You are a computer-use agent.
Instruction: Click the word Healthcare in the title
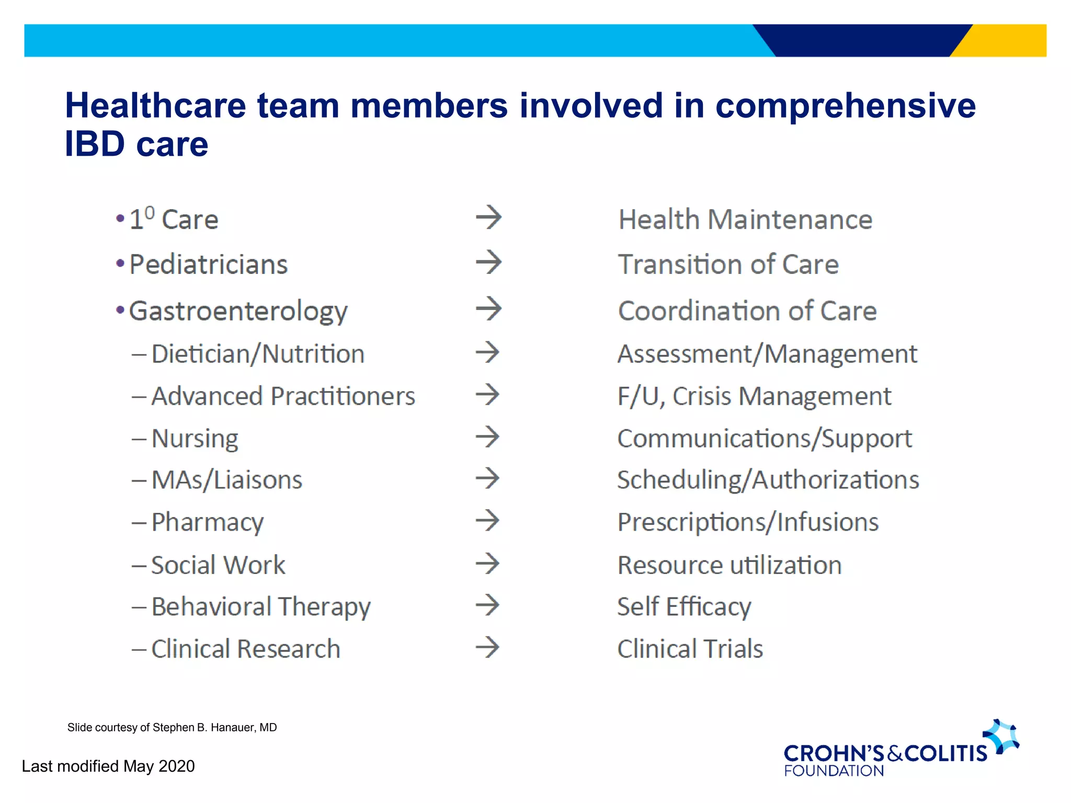(155, 106)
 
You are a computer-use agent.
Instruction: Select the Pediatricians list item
(208, 264)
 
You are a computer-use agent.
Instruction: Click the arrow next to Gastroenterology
(488, 308)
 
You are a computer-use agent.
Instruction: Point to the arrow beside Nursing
(487, 437)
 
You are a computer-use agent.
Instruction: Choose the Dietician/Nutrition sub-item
(258, 354)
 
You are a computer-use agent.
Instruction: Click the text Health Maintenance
(745, 219)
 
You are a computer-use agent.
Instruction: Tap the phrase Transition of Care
(728, 264)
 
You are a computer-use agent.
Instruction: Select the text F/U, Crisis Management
(754, 396)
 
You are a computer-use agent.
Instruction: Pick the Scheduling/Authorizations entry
(768, 480)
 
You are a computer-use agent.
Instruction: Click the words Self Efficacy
(684, 607)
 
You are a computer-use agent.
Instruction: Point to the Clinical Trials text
(690, 649)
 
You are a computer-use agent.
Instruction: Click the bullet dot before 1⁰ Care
(120, 218)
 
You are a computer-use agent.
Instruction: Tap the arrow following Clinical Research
(487, 647)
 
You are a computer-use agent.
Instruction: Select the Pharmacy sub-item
(208, 522)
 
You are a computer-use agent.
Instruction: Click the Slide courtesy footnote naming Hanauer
(172, 727)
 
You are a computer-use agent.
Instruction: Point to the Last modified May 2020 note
(108, 766)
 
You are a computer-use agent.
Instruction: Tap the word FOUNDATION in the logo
(834, 771)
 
